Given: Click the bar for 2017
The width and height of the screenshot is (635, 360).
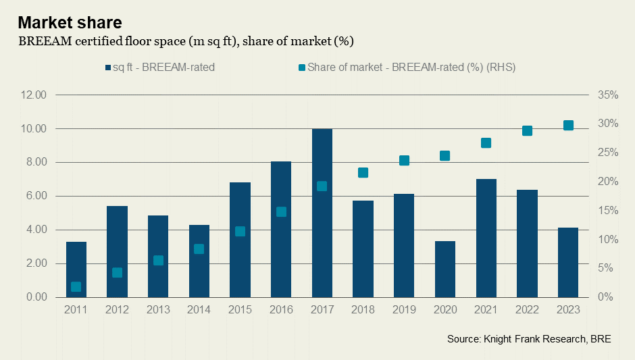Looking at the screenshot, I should pyautogui.click(x=322, y=213).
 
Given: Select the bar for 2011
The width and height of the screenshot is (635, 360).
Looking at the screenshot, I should pyautogui.click(x=76, y=269).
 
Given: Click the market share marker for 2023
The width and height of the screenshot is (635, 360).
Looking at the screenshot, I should pyautogui.click(x=568, y=125).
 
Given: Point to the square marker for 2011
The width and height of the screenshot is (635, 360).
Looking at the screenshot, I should pyautogui.click(x=76, y=286).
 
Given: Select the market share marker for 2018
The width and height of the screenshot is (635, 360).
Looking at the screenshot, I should pyautogui.click(x=363, y=172).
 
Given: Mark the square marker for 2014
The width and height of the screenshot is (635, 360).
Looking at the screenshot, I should pyautogui.click(x=199, y=249).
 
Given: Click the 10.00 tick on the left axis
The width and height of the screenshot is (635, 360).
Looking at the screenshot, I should pyautogui.click(x=32, y=128).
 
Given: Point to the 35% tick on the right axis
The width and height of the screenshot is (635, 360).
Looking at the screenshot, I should pyautogui.click(x=608, y=95).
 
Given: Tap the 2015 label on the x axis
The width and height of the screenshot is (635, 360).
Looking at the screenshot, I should pyautogui.click(x=240, y=309).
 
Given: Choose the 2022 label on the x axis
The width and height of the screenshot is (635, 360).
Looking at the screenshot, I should pyautogui.click(x=527, y=309).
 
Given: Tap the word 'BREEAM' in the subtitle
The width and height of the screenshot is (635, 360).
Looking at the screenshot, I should pyautogui.click(x=43, y=42).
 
